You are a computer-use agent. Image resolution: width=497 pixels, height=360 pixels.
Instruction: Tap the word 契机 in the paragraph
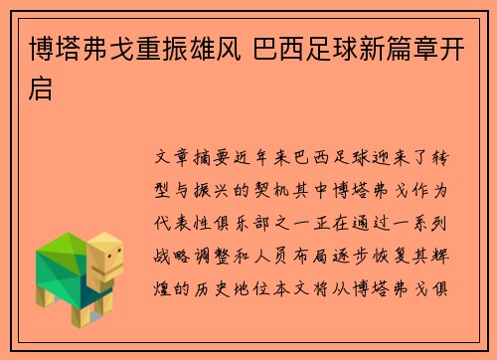click(275, 188)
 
